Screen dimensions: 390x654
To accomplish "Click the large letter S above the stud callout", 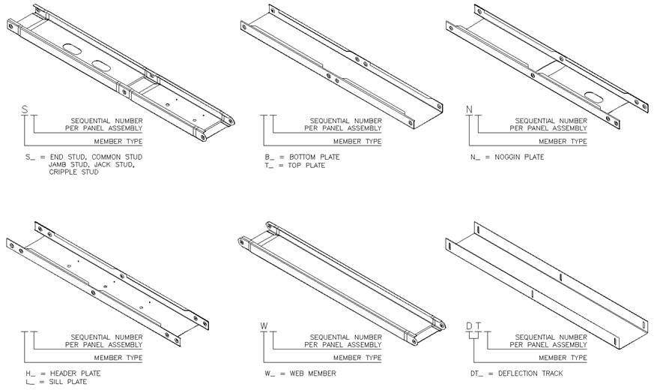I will [25, 109].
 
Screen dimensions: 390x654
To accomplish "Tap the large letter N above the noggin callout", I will [470, 109].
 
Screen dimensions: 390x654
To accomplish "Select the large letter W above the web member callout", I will [264, 325].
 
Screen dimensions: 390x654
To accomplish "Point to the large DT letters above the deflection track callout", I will [474, 325].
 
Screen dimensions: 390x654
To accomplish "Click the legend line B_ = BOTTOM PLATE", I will [302, 157].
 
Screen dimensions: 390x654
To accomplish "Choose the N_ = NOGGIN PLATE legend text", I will [506, 157].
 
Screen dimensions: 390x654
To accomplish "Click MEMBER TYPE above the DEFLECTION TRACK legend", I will [563, 358].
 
